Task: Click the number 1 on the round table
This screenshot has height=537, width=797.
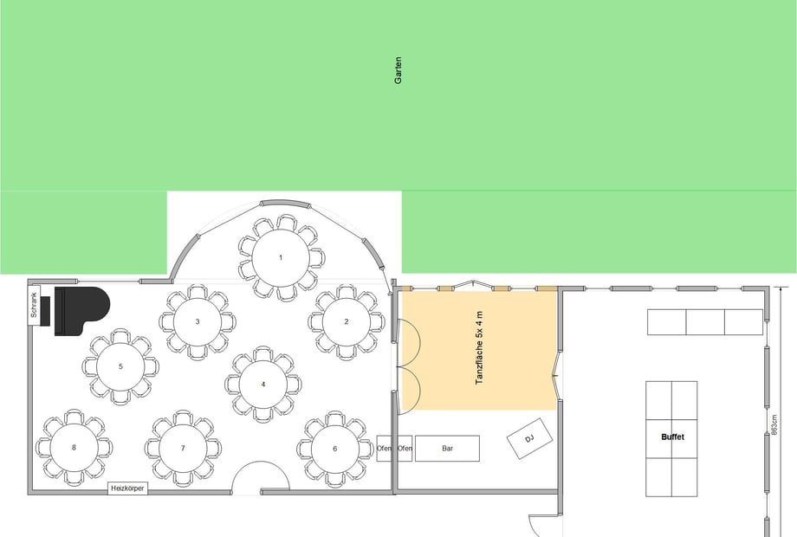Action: (281, 257)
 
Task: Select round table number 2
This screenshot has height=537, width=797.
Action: (347, 321)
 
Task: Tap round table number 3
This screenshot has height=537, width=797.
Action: (198, 321)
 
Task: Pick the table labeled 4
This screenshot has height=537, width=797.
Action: (263, 385)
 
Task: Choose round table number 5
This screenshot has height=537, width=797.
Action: (120, 366)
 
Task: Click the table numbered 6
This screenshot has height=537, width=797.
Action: (335, 449)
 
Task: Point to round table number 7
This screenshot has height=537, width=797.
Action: (183, 448)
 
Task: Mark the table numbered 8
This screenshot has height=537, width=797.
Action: (75, 448)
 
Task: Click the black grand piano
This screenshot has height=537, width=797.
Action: (81, 310)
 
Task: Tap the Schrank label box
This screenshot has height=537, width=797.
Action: (34, 305)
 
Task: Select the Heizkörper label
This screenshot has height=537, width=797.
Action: (127, 488)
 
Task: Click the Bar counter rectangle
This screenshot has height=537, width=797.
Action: (447, 448)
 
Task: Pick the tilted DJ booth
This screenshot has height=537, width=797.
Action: (529, 438)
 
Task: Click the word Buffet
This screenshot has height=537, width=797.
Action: (672, 437)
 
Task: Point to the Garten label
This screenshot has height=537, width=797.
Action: (398, 70)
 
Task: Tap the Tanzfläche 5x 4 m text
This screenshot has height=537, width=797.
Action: (479, 348)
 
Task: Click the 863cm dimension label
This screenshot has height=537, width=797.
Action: (774, 424)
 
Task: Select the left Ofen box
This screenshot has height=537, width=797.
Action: (386, 448)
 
